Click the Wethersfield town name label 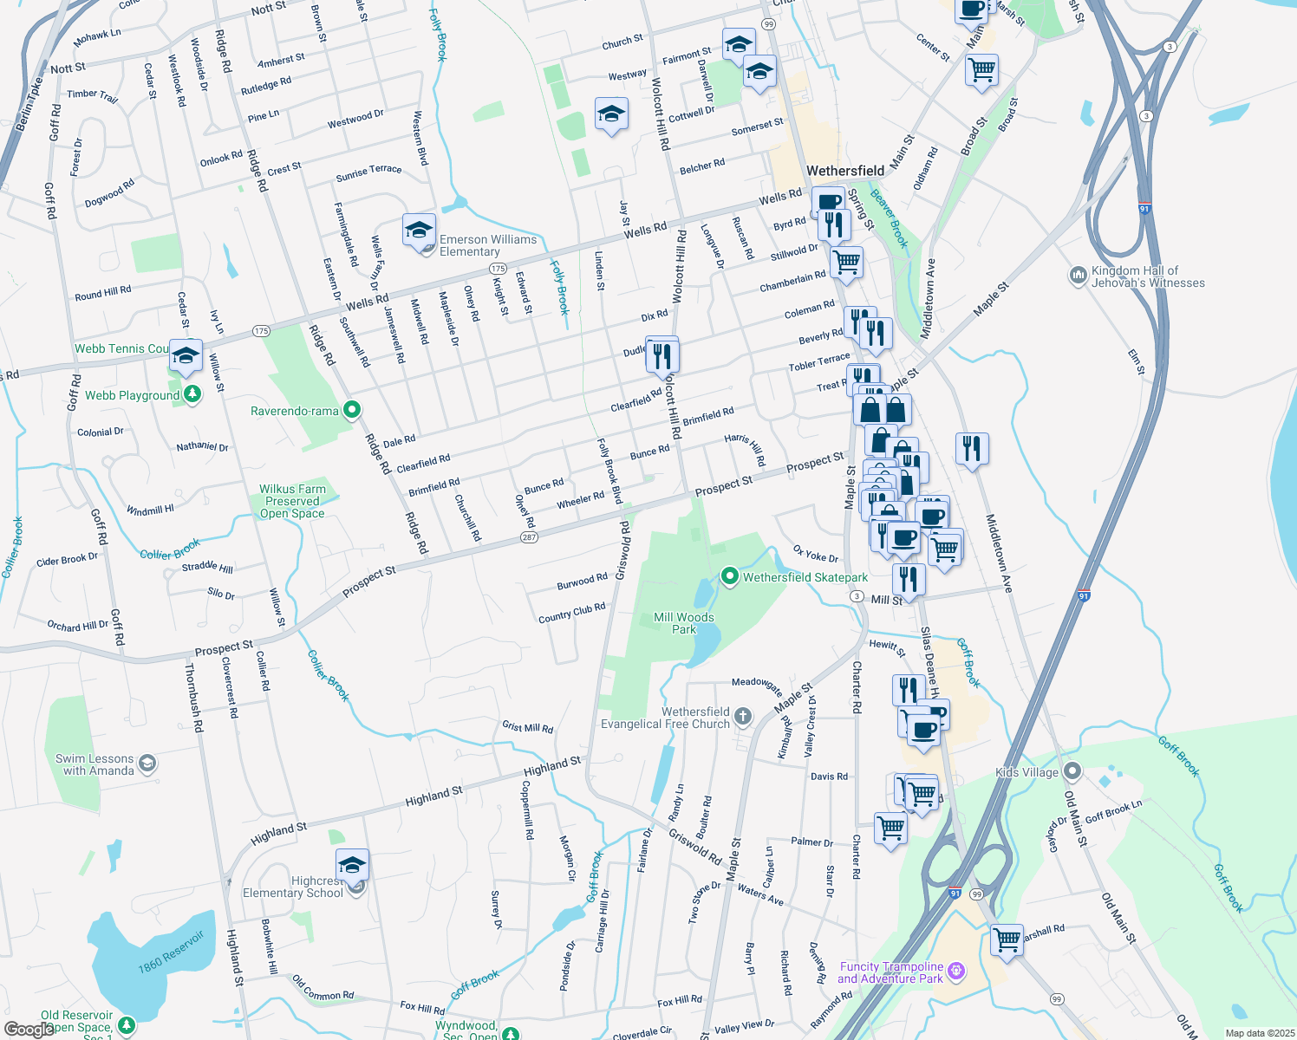(x=845, y=171)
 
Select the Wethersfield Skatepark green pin (x=730, y=576)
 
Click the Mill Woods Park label (x=684, y=623)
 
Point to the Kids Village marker (x=1072, y=771)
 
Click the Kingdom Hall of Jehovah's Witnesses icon (x=1078, y=276)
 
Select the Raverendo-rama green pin (x=352, y=410)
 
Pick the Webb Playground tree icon (x=192, y=395)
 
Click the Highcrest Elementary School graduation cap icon (x=352, y=865)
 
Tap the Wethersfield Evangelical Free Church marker (x=743, y=716)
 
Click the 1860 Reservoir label (x=171, y=952)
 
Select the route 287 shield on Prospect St (x=529, y=537)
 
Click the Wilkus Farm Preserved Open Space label (x=292, y=501)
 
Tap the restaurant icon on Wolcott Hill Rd (x=662, y=354)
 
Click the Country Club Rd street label (x=571, y=613)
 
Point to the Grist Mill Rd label (x=527, y=727)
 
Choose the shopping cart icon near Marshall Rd (x=1007, y=939)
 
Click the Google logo (x=29, y=1029)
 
